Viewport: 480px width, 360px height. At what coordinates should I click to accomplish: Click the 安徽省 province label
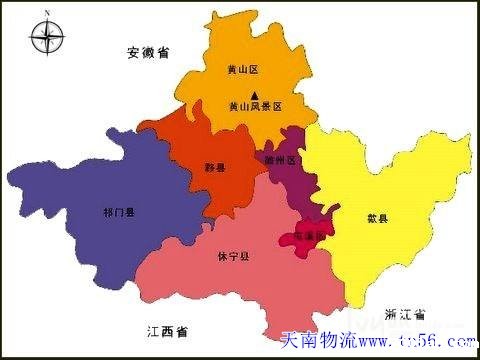point(149,52)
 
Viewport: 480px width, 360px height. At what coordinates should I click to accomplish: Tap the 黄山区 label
point(243,71)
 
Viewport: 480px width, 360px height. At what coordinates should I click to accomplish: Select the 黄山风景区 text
point(256,106)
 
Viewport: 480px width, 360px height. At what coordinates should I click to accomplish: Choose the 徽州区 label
point(281,158)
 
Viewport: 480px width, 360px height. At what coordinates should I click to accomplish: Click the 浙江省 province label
point(403,313)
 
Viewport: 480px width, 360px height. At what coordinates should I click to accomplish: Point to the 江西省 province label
point(167,330)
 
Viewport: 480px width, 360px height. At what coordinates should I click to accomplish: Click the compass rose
point(46,38)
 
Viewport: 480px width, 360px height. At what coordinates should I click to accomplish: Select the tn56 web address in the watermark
point(420,341)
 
